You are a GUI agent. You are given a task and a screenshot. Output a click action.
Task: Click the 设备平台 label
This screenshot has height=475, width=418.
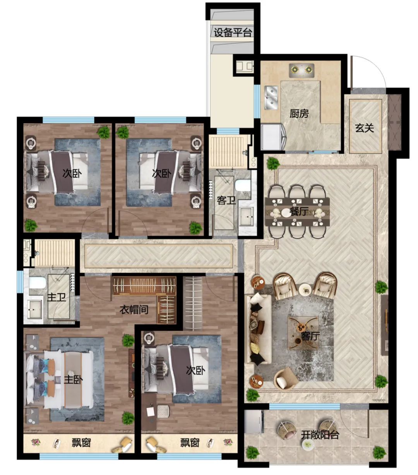[233, 32]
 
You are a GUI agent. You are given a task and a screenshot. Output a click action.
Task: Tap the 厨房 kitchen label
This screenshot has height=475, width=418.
[299, 114]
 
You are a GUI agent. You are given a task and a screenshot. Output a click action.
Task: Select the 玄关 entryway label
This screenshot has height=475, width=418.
[364, 128]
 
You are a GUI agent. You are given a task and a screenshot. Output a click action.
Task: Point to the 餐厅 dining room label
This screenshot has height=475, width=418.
[299, 211]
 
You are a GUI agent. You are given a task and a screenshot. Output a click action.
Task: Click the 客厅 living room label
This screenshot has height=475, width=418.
[310, 336]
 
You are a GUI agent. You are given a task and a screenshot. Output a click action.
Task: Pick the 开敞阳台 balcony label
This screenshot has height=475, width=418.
[320, 435]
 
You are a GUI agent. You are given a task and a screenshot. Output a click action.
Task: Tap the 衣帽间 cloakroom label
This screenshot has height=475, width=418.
[134, 310]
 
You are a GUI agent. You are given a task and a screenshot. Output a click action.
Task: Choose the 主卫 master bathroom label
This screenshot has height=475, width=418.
[57, 297]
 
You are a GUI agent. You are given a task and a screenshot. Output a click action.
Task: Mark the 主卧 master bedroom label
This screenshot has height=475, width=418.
[73, 380]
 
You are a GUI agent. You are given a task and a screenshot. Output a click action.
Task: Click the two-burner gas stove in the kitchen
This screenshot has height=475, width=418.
[302, 70]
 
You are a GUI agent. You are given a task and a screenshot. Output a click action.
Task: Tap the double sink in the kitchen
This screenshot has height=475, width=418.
[271, 97]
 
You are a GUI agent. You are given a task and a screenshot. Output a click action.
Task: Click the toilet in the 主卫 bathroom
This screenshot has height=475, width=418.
[37, 283]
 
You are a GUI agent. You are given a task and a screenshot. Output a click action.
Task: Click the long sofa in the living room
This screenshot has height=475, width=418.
[258, 329]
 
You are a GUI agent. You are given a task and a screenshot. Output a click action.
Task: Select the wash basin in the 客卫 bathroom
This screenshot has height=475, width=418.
[246, 216]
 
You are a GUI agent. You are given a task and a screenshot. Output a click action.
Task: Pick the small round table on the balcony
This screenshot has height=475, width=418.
[308, 444]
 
